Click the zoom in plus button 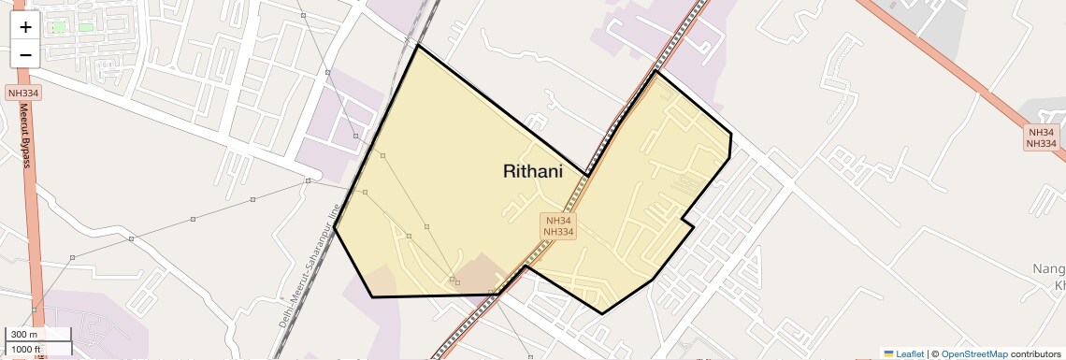[x=25, y=27]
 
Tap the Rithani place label [x=532, y=171]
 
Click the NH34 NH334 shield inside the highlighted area [x=558, y=226]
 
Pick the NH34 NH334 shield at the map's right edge [x=1041, y=137]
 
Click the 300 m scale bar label [x=25, y=335]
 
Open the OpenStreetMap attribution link [x=974, y=353]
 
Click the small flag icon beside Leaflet [x=889, y=353]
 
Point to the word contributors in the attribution [x=1035, y=353]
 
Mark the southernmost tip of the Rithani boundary [x=602, y=313]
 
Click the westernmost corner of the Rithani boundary [x=335, y=227]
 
